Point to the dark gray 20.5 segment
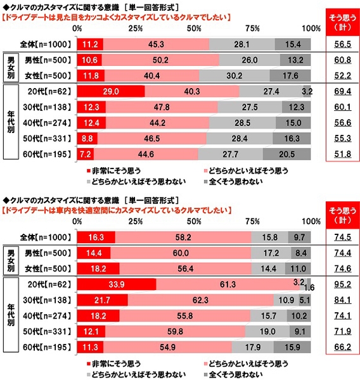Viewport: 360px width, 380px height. click(286, 154)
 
